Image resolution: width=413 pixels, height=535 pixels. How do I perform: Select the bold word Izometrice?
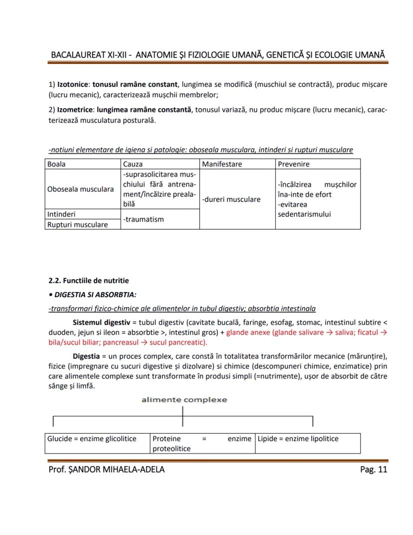pyautogui.click(x=76, y=109)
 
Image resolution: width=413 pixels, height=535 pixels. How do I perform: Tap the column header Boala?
pyautogui.click(x=56, y=164)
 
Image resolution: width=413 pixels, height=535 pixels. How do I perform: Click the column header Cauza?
pyautogui.click(x=133, y=164)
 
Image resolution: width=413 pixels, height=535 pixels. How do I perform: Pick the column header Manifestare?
pyautogui.click(x=222, y=164)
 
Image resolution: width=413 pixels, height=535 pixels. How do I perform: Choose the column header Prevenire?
pyautogui.click(x=293, y=164)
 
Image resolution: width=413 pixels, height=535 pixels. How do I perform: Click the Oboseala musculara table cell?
pyautogui.click(x=80, y=189)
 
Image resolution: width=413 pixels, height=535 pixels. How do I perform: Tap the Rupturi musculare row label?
pyautogui.click(x=77, y=224)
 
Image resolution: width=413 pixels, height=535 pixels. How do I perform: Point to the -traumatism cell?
pyautogui.click(x=143, y=219)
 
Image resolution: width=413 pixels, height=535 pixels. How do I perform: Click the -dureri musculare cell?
pyautogui.click(x=231, y=199)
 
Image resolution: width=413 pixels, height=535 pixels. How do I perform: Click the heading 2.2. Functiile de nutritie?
pyautogui.click(x=88, y=280)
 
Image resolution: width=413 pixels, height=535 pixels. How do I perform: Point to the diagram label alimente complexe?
pyautogui.click(x=184, y=400)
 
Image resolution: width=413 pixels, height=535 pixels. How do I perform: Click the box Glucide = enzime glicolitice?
pyautogui.click(x=92, y=439)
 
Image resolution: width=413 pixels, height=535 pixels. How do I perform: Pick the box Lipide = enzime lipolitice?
pyautogui.click(x=298, y=439)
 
